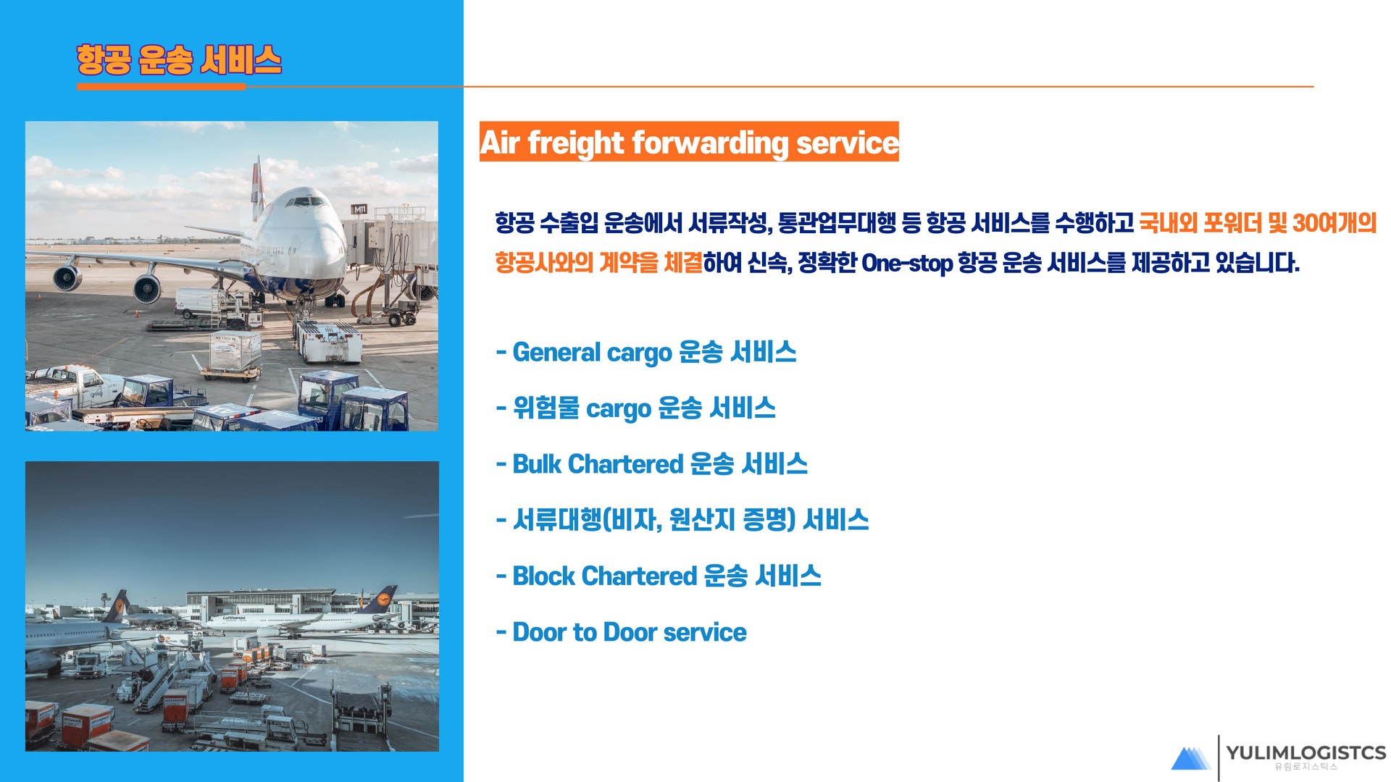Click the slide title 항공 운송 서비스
pyautogui.click(x=179, y=59)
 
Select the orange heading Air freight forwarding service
pyautogui.click(x=689, y=142)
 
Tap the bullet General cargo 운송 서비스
pyautogui.click(x=646, y=353)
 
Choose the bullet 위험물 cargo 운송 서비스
pyautogui.click(x=636, y=408)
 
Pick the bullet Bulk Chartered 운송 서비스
pyautogui.click(x=652, y=464)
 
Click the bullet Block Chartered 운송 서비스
pyautogui.click(x=659, y=576)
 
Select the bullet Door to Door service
pyautogui.click(x=621, y=632)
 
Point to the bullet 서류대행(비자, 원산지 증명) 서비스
pyautogui.click(x=682, y=520)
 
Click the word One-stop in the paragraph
pyautogui.click(x=906, y=263)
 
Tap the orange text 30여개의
pyautogui.click(x=1334, y=222)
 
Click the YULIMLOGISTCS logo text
pyautogui.click(x=1306, y=753)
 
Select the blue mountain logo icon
pyautogui.click(x=1190, y=758)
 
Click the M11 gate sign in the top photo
pyautogui.click(x=359, y=209)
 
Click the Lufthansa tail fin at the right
pyautogui.click(x=380, y=601)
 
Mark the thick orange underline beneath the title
pyautogui.click(x=161, y=87)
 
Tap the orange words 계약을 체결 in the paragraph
pyautogui.click(x=651, y=263)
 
